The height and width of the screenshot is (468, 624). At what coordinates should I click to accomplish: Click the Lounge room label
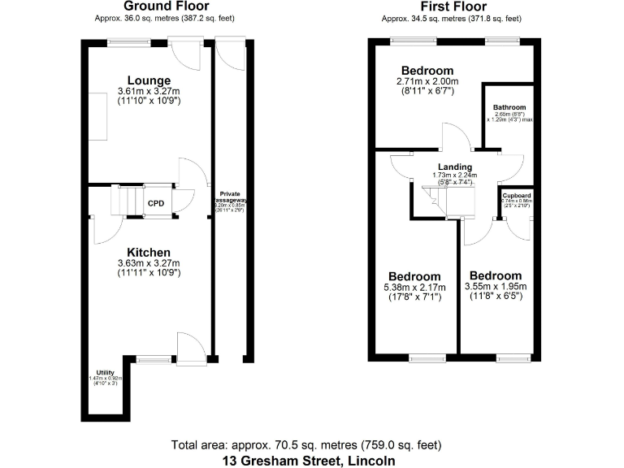click(x=144, y=80)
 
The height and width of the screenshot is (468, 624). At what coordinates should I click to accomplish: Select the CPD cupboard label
click(x=155, y=204)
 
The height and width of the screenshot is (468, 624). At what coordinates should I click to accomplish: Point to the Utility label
click(x=105, y=372)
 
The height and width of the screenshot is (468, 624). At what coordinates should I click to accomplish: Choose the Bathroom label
click(x=509, y=107)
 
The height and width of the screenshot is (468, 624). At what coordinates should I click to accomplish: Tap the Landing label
click(x=455, y=167)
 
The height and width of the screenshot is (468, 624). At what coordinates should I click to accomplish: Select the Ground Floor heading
click(x=166, y=6)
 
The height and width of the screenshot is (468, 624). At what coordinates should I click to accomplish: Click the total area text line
click(x=307, y=445)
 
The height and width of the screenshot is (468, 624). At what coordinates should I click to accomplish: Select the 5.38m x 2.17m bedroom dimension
click(x=414, y=288)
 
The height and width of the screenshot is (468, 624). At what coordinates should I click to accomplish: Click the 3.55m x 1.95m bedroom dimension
click(x=496, y=287)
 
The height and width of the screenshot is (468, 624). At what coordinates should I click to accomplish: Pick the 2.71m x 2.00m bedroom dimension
click(x=427, y=81)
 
